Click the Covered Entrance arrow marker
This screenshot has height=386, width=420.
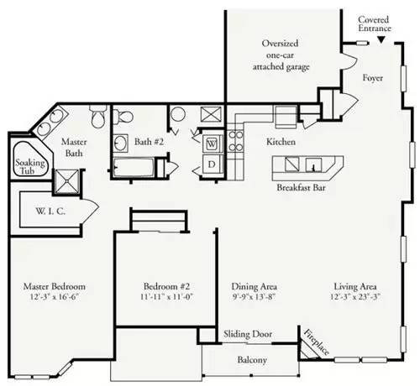(x=381, y=40)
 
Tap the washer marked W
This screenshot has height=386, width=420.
(x=212, y=143)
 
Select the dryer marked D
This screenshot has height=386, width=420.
(x=212, y=164)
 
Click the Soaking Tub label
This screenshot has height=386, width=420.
(x=29, y=166)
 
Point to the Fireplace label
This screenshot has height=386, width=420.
(x=317, y=342)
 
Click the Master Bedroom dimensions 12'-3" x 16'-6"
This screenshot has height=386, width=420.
(x=54, y=296)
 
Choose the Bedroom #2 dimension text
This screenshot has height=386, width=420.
(x=167, y=296)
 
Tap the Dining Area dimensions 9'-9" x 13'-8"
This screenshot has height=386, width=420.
(x=254, y=296)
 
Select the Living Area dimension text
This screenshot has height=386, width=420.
(x=355, y=296)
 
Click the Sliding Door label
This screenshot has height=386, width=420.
(x=248, y=334)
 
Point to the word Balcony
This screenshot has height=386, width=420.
(x=252, y=360)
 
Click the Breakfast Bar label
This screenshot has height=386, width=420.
(x=301, y=187)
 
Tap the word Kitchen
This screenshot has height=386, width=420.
(x=281, y=142)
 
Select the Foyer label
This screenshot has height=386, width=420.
(x=373, y=78)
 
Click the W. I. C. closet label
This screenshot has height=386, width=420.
(x=50, y=211)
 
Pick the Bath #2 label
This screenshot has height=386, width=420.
(x=149, y=142)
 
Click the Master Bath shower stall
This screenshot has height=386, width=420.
(x=67, y=181)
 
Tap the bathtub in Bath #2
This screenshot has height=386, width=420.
(x=134, y=167)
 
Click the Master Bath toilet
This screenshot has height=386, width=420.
(x=98, y=117)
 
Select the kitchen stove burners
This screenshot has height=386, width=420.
(x=236, y=142)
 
